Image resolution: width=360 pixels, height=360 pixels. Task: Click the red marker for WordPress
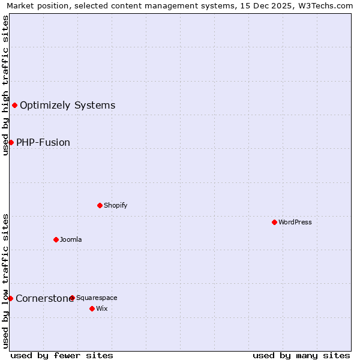tap(274, 222)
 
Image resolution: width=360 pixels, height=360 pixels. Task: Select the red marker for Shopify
tap(100, 205)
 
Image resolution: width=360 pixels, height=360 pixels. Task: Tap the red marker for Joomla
tap(56, 239)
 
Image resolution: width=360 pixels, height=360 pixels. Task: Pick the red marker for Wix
tap(92, 308)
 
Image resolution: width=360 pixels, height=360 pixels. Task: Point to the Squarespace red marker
tap(72, 298)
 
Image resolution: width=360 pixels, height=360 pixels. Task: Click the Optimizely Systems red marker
tap(14, 106)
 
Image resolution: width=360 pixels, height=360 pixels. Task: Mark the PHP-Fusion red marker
tap(11, 142)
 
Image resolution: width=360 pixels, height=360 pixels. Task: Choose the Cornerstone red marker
tap(10, 298)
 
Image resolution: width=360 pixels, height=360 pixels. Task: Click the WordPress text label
tap(295, 222)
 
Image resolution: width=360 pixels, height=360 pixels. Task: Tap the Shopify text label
tap(116, 205)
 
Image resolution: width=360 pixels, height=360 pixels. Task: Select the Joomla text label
tap(71, 239)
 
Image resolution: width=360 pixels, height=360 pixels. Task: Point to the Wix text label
tap(101, 308)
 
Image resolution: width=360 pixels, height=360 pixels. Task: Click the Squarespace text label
tap(97, 298)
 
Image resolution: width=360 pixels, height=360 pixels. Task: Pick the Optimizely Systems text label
tap(67, 106)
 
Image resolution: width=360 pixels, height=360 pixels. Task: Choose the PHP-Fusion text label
tap(43, 142)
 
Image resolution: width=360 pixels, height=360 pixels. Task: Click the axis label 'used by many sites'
tap(301, 355)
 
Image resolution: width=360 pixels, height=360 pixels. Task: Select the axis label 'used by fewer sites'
tap(62, 355)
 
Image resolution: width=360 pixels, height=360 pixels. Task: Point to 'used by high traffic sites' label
tap(5, 85)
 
